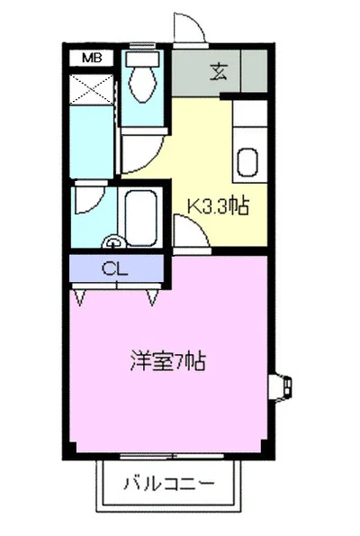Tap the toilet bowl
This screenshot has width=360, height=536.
(141, 83)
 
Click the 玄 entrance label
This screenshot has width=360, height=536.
(219, 73)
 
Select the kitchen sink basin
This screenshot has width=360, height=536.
(248, 164)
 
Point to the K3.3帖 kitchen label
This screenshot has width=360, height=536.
(217, 205)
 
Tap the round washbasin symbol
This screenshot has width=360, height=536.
(113, 241)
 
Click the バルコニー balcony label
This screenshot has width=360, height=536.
(169, 484)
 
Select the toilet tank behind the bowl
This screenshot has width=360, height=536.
(140, 59)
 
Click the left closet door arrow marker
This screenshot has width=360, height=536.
(84, 295)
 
